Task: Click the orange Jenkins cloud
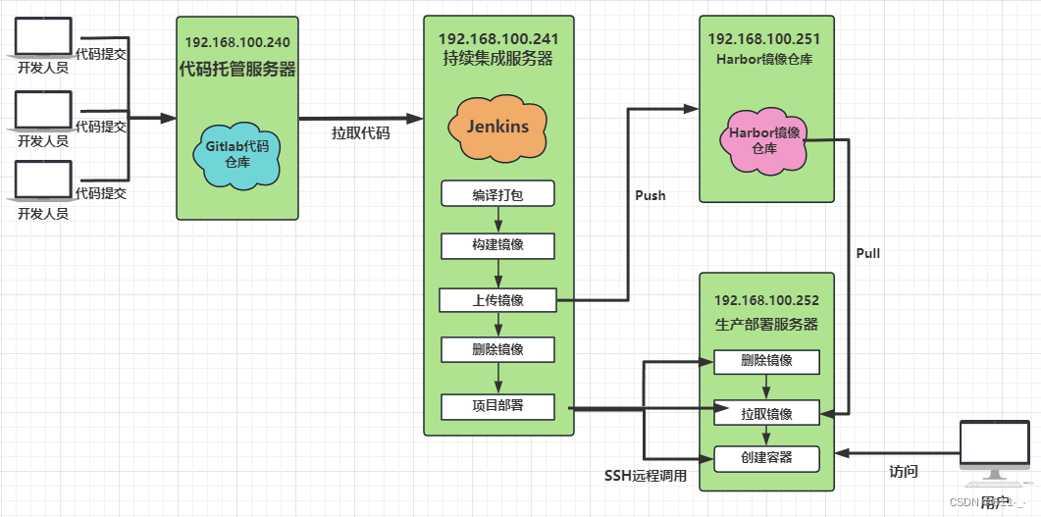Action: point(496,128)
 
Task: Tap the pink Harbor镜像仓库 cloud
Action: point(763,140)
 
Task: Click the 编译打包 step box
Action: point(497,194)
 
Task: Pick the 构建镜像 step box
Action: point(497,244)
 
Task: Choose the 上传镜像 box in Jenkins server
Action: point(497,300)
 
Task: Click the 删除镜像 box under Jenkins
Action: point(497,349)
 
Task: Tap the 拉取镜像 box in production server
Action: point(766,413)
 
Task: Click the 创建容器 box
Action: point(766,458)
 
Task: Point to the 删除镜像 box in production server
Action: point(766,362)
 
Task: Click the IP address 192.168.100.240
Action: point(237,43)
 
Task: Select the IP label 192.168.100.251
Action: point(763,39)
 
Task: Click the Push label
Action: point(651,195)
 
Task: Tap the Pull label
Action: point(867,253)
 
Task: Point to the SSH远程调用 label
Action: point(645,477)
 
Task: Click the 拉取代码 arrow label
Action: point(360,133)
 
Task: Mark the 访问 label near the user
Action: point(903,472)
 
